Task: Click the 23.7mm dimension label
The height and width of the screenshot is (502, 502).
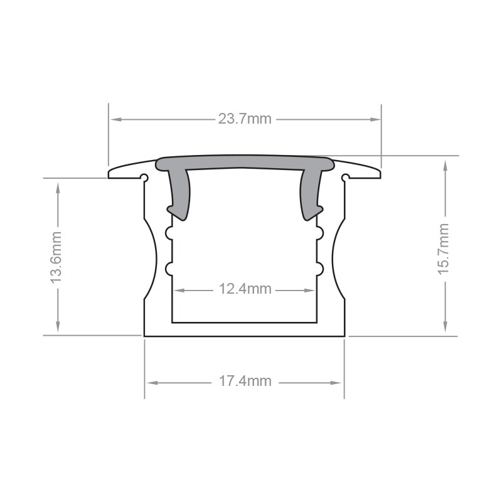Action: point(245,119)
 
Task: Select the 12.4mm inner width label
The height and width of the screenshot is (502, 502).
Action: point(245,289)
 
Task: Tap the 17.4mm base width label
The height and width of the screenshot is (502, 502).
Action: point(245,382)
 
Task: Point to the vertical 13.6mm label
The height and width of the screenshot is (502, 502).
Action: point(56,257)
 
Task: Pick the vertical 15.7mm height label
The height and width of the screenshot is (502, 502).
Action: point(444,248)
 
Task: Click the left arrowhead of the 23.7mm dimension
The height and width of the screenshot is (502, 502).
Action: point(115,119)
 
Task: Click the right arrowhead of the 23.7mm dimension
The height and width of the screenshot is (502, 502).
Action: point(375,119)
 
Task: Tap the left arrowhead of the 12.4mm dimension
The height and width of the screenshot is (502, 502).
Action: point(179,291)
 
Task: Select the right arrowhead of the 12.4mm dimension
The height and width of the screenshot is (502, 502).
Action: point(309,291)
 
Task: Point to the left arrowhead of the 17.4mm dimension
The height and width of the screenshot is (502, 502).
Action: point(152,383)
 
